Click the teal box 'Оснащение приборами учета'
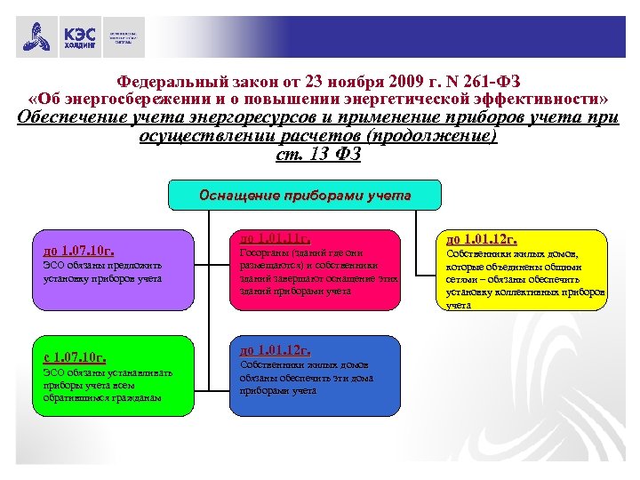point(292,196)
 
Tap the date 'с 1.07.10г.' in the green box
point(76,357)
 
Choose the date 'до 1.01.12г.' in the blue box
point(276,349)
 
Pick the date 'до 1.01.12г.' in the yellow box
point(482,239)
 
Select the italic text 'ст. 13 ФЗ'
point(317,155)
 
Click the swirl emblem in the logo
point(37,38)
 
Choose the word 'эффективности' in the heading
point(551,97)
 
